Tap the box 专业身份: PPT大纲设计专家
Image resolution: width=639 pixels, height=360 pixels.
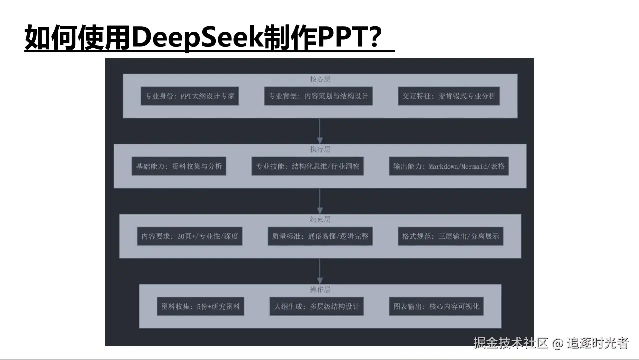point(189,96)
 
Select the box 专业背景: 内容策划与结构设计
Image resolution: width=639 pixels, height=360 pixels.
point(318,96)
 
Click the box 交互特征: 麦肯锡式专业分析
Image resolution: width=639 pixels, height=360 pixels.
point(449,96)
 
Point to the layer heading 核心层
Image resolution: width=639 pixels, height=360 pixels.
point(320,79)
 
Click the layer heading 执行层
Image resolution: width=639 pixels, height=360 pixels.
point(320,149)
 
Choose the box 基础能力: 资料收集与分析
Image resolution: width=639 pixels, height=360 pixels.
point(179,166)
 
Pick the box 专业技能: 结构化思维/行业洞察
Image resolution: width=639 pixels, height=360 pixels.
point(308,166)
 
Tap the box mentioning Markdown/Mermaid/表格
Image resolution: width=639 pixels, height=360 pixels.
point(449,166)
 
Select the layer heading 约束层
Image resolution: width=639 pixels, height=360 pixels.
point(320,219)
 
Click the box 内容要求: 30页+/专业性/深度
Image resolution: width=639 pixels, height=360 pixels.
point(189,236)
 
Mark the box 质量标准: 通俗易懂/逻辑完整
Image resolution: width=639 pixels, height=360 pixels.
point(320,236)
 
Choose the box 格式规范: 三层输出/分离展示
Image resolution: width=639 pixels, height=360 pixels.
point(451,236)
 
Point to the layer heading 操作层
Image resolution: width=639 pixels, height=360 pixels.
point(320,289)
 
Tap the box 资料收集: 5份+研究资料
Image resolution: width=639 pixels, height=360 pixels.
point(200,306)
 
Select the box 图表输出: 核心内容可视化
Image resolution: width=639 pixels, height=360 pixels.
point(436,306)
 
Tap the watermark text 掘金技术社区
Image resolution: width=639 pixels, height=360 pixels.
point(511,343)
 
